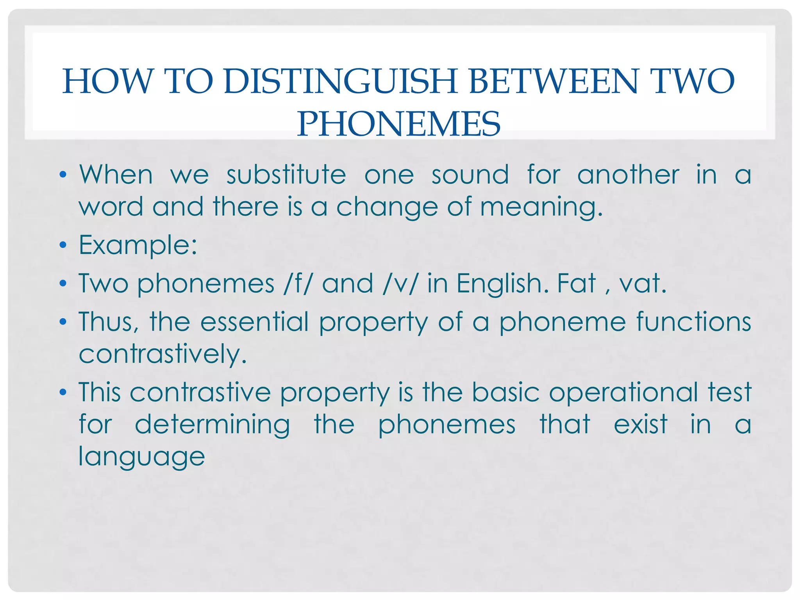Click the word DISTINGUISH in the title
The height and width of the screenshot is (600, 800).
point(340,82)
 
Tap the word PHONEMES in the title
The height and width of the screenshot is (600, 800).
point(398,124)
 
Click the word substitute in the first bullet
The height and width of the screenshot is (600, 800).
point(286,175)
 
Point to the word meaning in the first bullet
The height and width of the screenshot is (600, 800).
point(541,207)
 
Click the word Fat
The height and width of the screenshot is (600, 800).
point(576,283)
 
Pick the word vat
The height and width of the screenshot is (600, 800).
point(642,283)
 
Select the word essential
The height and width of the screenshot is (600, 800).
point(254,322)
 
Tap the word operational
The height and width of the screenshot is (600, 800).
point(623,392)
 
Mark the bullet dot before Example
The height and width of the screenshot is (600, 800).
point(63,246)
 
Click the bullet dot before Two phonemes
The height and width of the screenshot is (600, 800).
point(63,284)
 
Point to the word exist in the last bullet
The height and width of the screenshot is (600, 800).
point(641,425)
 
